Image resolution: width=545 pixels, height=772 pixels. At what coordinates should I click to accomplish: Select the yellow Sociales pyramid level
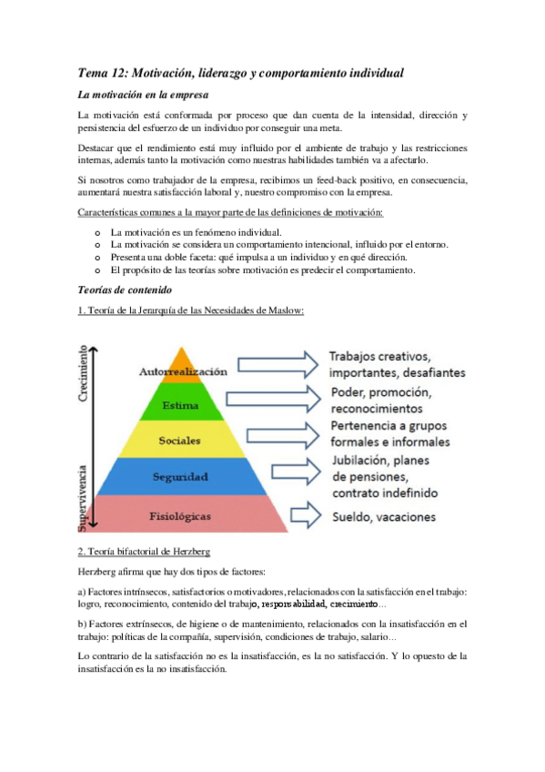180,441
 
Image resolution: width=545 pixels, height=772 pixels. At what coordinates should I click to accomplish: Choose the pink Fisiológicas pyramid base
180,515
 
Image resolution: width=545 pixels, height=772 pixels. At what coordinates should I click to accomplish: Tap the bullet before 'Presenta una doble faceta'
97,258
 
